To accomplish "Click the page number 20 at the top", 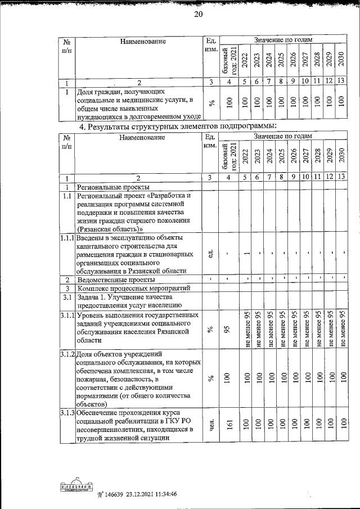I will click(197, 15).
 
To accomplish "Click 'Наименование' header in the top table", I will click(142, 41).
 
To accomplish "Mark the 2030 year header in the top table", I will click(340, 60).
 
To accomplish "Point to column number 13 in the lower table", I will click(340, 178).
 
